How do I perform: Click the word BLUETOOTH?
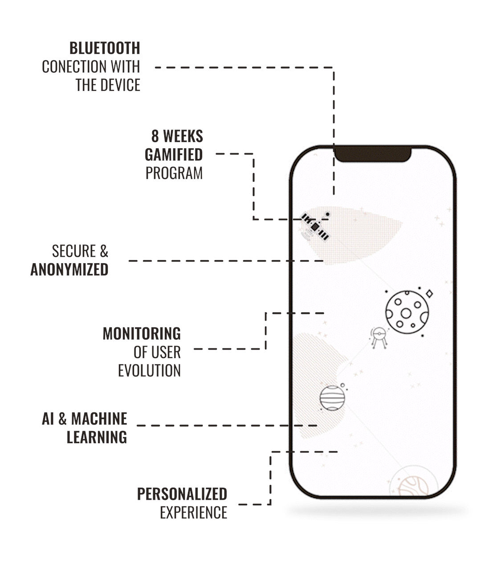point(105,48)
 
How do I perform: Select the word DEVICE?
point(117,85)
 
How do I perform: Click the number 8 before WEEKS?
point(155,136)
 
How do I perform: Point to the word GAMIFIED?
point(174,155)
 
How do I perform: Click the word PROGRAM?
point(174,173)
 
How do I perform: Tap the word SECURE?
point(74,251)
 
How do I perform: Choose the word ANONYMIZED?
point(69,270)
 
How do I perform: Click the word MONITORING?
point(142,334)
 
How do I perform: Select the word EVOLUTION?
point(149,371)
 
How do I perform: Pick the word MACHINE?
point(99,419)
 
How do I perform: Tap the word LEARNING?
point(97,437)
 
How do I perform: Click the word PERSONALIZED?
point(182,494)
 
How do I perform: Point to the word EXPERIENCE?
point(193,513)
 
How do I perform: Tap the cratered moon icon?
point(407,312)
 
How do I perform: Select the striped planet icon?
point(332,398)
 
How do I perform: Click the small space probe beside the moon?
point(379,338)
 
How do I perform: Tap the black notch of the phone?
point(372,154)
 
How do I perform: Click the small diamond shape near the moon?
point(429,294)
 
